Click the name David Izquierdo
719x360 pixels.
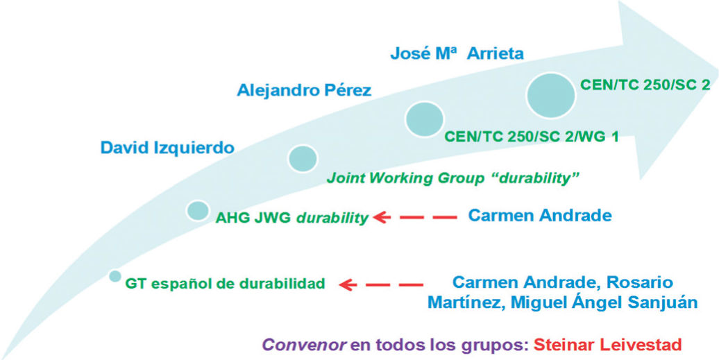(167, 147)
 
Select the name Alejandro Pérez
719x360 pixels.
(304, 90)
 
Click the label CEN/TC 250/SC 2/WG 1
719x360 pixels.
(531, 136)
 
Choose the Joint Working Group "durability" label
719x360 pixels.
(452, 178)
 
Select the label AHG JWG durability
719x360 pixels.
(292, 218)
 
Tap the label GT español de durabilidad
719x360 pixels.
(225, 284)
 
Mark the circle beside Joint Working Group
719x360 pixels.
(303, 158)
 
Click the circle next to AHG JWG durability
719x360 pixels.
(198, 210)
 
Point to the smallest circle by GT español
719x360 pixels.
(115, 276)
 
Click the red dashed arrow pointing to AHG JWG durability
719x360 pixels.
(415, 218)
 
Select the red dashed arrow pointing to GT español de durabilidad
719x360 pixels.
(381, 284)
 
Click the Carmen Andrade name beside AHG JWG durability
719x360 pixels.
(540, 216)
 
